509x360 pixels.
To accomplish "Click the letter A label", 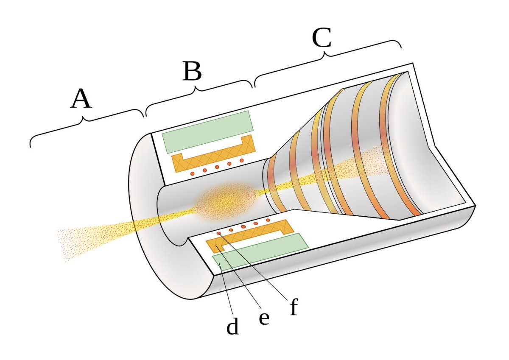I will coord(81,100).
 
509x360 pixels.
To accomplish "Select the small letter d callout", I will coord(232,327).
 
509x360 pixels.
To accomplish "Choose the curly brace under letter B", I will coord(198,91).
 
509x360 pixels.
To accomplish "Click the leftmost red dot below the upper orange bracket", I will coord(192,174).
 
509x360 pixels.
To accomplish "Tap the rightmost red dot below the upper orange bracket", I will coord(242,160).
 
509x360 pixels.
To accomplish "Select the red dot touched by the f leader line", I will coord(219,234).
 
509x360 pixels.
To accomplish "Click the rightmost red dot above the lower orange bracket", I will coord(268,220).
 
